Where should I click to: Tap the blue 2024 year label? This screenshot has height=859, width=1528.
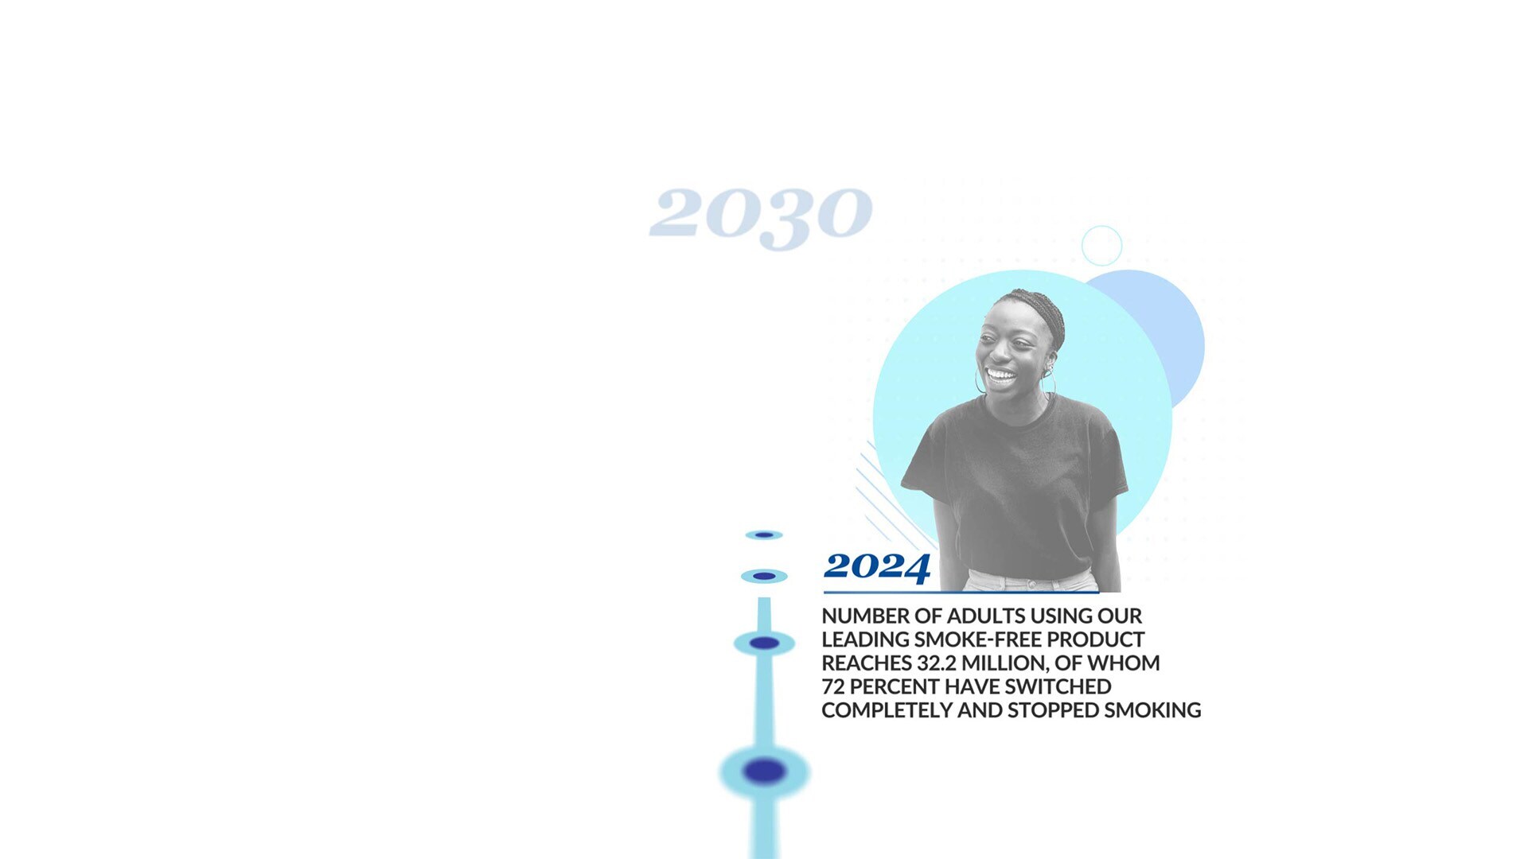click(877, 567)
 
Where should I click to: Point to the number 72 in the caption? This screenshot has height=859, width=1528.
click(833, 687)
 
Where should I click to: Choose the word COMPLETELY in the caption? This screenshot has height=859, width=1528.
click(887, 710)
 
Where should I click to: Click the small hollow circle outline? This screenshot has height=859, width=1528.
click(1102, 227)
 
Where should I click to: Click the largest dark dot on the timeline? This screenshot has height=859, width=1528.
click(765, 771)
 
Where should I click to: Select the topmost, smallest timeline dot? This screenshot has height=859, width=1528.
click(764, 535)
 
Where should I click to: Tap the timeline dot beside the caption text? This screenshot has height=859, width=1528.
click(764, 643)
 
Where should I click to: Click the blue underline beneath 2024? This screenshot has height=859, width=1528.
click(961, 593)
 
